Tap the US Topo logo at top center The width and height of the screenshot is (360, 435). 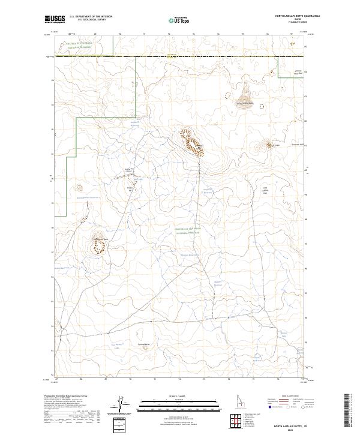[179, 20]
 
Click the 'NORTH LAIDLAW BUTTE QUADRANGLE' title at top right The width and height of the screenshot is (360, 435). [298, 16]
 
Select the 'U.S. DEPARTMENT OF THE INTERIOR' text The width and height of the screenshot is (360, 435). [91, 16]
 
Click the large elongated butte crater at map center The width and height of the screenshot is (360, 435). [192, 143]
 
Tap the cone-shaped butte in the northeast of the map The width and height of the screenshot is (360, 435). [245, 94]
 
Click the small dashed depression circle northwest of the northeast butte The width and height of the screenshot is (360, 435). [227, 94]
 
